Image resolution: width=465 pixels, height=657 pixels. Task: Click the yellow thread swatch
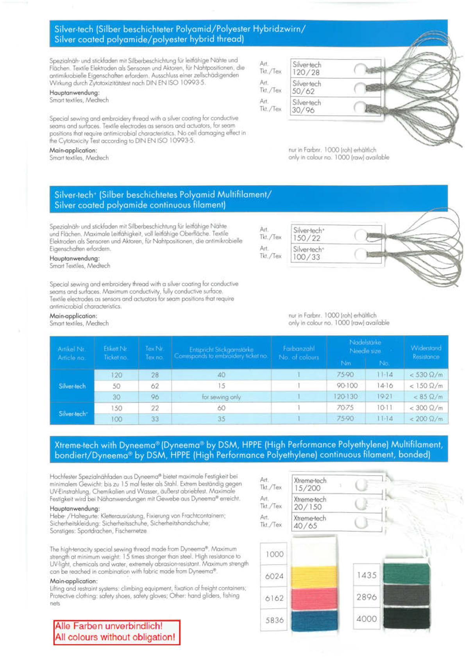click(x=314, y=576)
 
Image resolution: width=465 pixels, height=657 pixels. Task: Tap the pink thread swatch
click(x=314, y=598)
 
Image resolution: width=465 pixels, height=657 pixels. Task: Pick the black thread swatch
click(x=406, y=618)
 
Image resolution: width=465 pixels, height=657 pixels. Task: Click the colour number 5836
click(x=274, y=620)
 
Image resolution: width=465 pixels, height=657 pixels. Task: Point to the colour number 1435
click(x=366, y=575)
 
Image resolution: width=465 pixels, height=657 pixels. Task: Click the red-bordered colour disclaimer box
click(x=116, y=632)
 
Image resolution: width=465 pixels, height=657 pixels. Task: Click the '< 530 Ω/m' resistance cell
click(x=426, y=375)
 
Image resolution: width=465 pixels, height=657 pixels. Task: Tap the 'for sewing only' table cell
click(x=221, y=397)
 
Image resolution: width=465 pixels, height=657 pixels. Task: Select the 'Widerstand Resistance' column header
click(x=426, y=352)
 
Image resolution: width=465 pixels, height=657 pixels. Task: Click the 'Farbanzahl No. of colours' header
click(x=299, y=352)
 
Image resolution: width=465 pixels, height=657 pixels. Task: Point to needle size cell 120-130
click(x=345, y=396)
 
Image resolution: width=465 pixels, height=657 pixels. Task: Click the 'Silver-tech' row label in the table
click(x=72, y=386)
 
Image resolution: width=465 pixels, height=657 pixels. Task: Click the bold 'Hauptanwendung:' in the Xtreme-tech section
click(x=75, y=509)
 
